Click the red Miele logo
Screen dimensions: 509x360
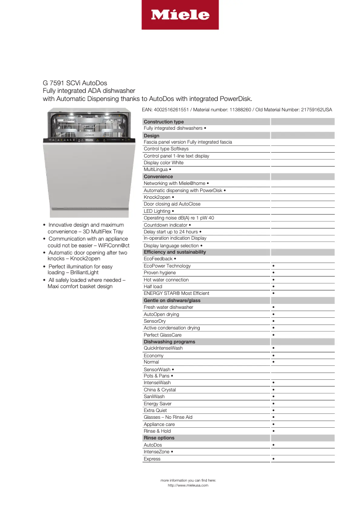point(180,15)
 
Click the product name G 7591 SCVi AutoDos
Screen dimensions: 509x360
point(75,83)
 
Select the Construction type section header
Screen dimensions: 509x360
point(164,122)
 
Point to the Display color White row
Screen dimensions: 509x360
point(163,163)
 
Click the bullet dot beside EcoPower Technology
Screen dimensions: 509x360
point(273,266)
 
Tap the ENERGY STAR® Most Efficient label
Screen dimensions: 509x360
point(176,294)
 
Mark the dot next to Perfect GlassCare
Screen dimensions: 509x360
point(273,335)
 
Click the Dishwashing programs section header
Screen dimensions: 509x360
point(169,342)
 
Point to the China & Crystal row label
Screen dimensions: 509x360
point(160,390)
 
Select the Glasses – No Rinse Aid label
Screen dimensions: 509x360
point(168,417)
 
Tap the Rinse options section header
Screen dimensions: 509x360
point(159,438)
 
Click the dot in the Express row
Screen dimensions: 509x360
point(273,459)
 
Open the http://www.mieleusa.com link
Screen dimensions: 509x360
point(188,485)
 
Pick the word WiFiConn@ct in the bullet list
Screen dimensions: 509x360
point(112,246)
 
